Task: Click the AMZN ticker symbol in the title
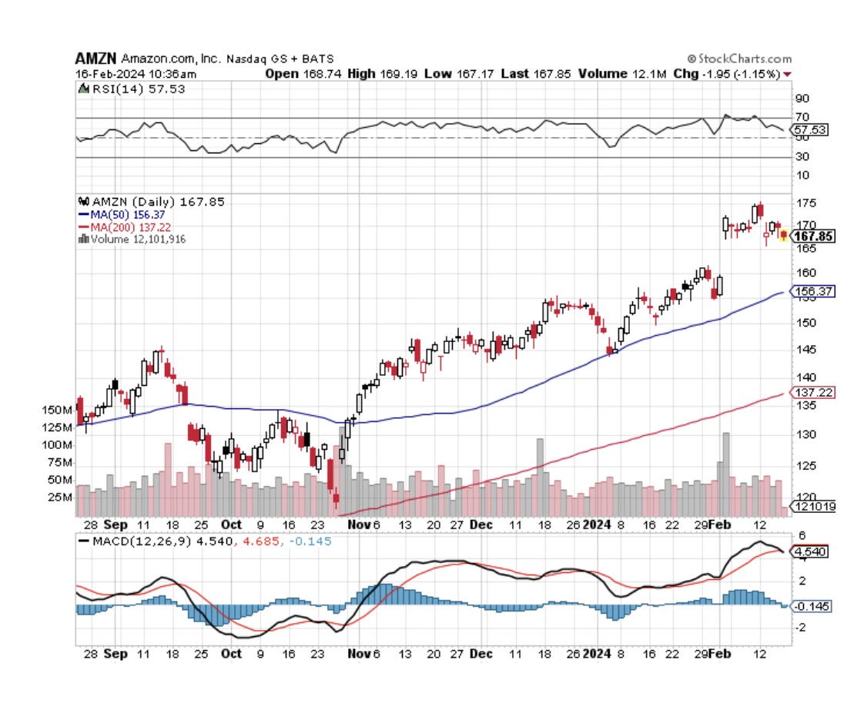96,59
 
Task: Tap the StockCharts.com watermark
742,59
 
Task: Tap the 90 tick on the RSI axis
802,99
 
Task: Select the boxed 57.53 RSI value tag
811,130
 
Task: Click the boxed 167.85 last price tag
814,236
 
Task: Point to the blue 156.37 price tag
813,292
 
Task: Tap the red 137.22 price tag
813,393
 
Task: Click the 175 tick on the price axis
805,203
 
